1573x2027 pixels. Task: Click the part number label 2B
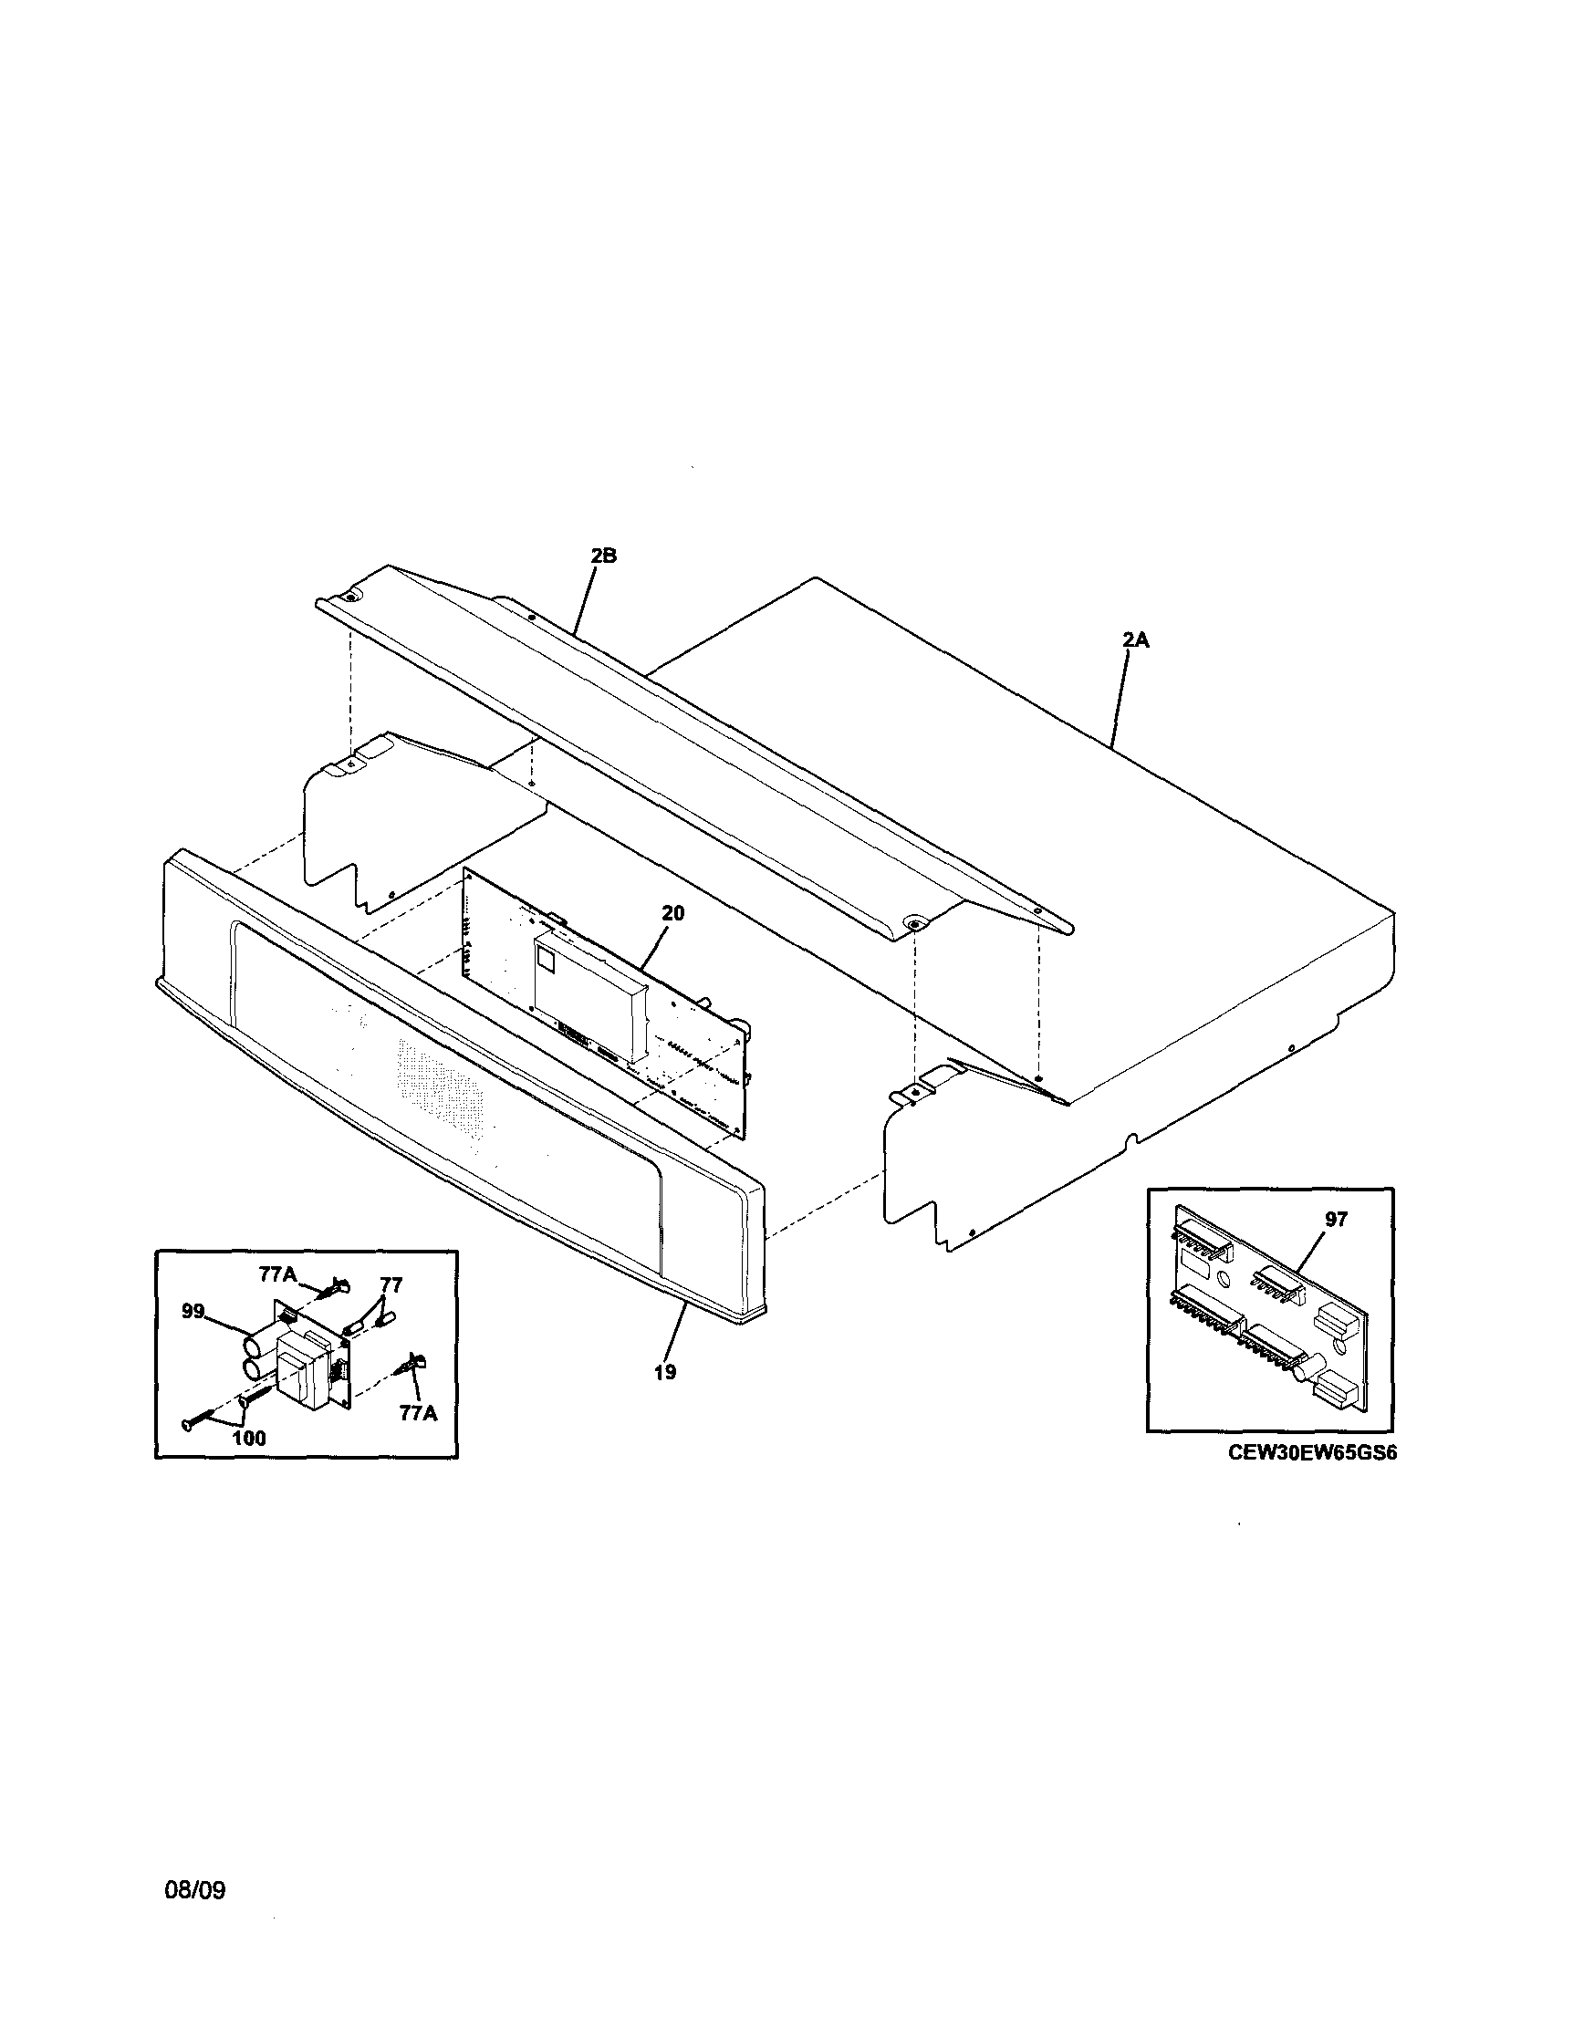pyautogui.click(x=603, y=556)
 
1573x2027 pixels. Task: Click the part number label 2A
pyautogui.click(x=1135, y=639)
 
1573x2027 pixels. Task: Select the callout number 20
pyautogui.click(x=672, y=913)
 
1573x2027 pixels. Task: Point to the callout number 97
pyautogui.click(x=1336, y=1220)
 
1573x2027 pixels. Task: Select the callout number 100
pyautogui.click(x=249, y=1439)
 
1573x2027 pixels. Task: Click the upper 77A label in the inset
pyautogui.click(x=276, y=1276)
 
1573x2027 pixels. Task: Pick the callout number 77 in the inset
pyautogui.click(x=391, y=1285)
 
